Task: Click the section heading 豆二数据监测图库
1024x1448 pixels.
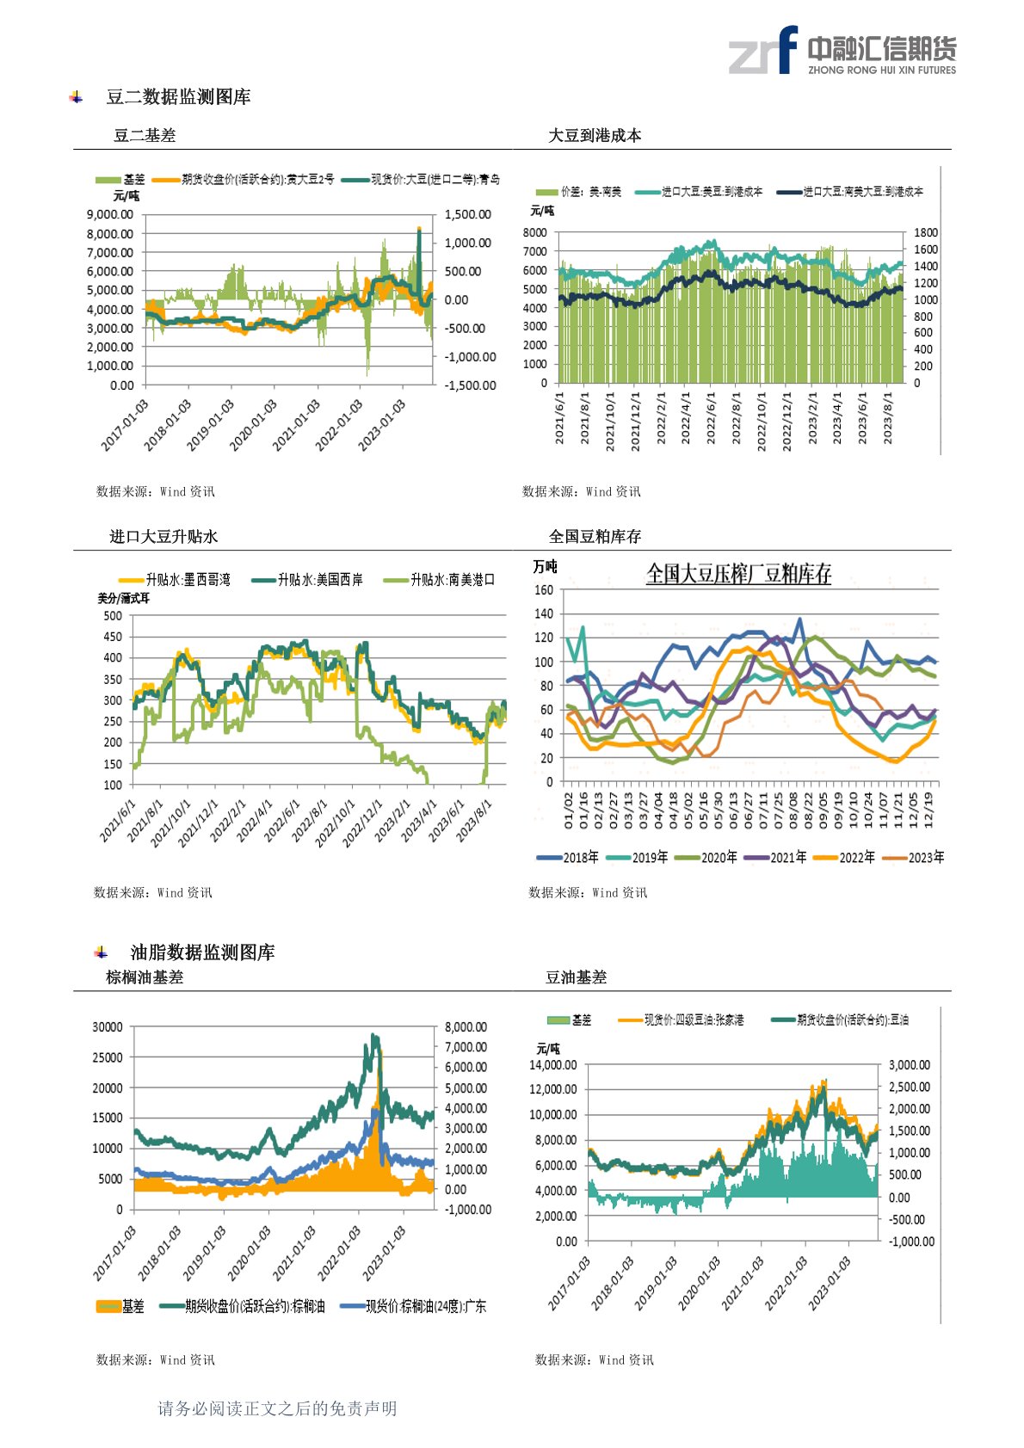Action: click(178, 97)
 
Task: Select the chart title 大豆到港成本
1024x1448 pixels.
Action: click(595, 135)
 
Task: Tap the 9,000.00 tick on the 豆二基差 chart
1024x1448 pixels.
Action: click(109, 214)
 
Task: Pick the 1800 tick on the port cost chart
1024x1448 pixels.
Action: click(926, 232)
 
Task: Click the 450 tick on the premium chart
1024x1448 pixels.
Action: click(113, 637)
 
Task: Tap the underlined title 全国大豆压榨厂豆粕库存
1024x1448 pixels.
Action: click(738, 574)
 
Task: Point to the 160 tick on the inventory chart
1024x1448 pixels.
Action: click(543, 590)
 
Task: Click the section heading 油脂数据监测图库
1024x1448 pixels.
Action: click(202, 952)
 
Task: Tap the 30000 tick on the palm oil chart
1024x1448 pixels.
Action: click(108, 1026)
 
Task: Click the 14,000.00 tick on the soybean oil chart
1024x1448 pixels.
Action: click(552, 1065)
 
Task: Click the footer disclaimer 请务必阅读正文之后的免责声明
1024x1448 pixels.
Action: click(277, 1408)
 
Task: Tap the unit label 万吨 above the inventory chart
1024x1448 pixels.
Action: click(545, 566)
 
